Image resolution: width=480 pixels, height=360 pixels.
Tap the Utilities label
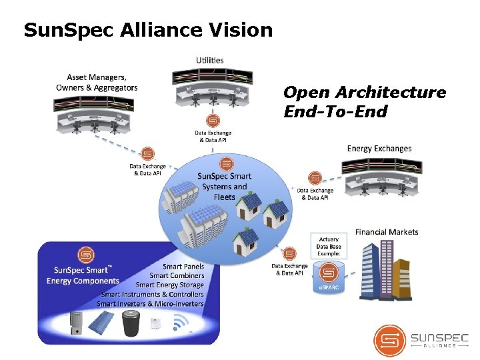pos(209,60)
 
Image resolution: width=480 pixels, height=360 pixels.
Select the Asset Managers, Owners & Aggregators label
pos(97,83)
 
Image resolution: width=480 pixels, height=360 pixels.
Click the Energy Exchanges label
pos(379,148)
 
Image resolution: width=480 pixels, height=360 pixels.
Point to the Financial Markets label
pos(387,232)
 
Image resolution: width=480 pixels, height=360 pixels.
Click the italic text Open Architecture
pos(365,92)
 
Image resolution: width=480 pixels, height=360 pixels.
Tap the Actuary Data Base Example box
pos(329,246)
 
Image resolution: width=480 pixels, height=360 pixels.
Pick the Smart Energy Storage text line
pos(169,285)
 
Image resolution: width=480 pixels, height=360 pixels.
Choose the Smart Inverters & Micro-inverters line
pos(150,303)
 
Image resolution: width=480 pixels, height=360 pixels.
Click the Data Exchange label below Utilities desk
pos(213,137)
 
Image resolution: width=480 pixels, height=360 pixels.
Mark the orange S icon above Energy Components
pos(85,255)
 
